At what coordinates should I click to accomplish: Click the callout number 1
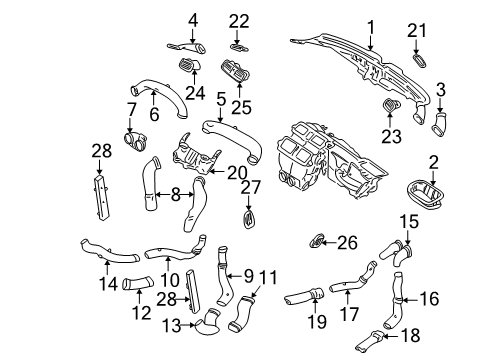click(x=371, y=28)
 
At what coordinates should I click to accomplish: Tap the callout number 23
click(x=391, y=136)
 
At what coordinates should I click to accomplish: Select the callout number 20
click(x=237, y=173)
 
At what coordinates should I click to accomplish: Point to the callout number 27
click(x=251, y=187)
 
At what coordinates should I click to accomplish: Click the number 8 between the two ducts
click(x=175, y=195)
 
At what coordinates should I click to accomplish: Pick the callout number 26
click(x=347, y=243)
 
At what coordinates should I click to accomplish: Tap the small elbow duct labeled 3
click(x=439, y=125)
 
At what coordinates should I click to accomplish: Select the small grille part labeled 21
click(x=419, y=60)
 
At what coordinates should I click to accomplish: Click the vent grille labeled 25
click(x=235, y=71)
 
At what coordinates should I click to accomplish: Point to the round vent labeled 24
click(x=190, y=64)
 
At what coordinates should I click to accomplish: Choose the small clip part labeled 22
click(x=239, y=48)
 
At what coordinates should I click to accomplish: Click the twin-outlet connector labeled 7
click(x=135, y=140)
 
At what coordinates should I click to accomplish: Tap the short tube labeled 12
click(x=138, y=283)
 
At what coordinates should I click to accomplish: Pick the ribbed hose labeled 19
click(x=303, y=297)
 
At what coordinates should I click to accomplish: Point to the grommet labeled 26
click(x=316, y=241)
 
